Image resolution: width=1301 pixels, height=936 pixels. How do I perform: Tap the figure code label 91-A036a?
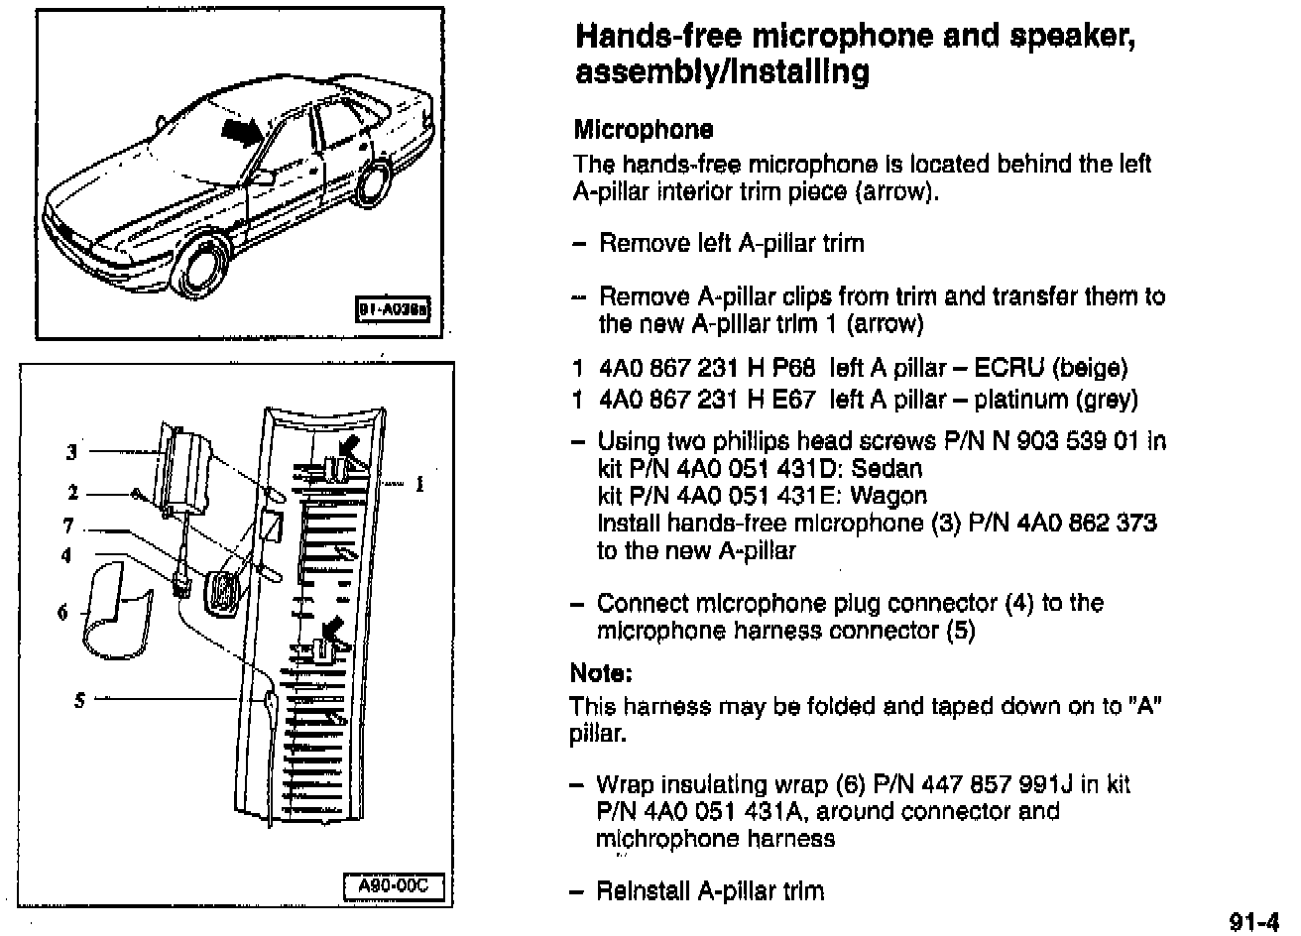[395, 310]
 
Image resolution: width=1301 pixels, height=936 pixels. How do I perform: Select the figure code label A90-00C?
[393, 885]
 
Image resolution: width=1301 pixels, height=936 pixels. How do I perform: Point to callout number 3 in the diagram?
[71, 453]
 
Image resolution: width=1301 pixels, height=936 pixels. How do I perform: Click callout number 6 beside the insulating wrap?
[62, 613]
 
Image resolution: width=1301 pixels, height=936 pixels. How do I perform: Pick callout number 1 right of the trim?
[419, 484]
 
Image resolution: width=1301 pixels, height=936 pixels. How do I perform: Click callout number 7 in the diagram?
[67, 526]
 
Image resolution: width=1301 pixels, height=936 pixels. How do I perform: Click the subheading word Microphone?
[643, 130]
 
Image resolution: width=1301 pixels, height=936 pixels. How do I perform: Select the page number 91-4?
[1253, 921]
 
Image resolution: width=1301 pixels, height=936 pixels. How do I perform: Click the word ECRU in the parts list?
[1008, 369]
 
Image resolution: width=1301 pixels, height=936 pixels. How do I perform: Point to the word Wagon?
[888, 496]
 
